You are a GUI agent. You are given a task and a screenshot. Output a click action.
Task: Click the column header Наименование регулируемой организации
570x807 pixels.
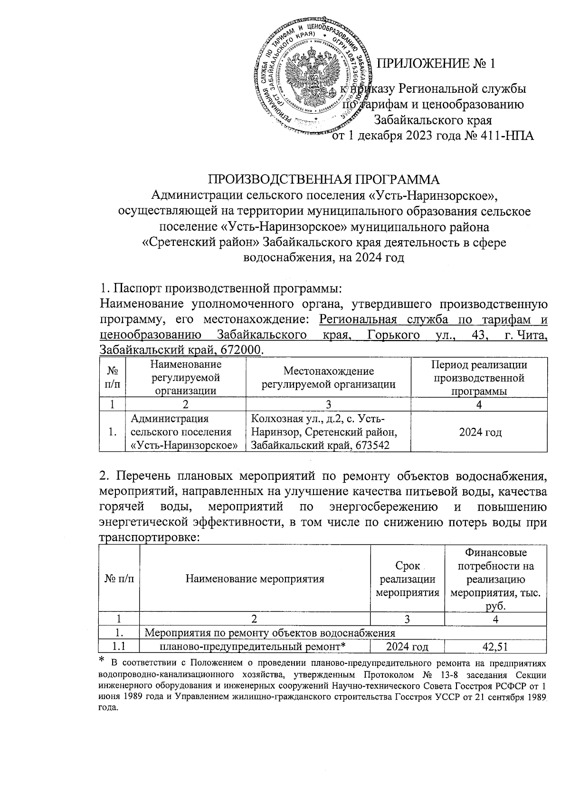[185, 378]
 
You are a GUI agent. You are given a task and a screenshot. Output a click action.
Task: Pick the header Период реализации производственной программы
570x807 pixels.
[479, 378]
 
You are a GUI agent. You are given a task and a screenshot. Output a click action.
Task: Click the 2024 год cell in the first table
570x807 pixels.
[479, 432]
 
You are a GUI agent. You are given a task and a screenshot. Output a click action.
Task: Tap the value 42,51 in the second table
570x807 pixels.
[495, 647]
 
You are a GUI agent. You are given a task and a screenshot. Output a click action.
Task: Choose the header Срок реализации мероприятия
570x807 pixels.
[407, 579]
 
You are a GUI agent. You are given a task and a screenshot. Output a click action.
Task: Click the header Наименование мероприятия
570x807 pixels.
[255, 579]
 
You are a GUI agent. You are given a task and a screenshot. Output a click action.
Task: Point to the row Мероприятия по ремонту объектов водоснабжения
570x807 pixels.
[269, 633]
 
